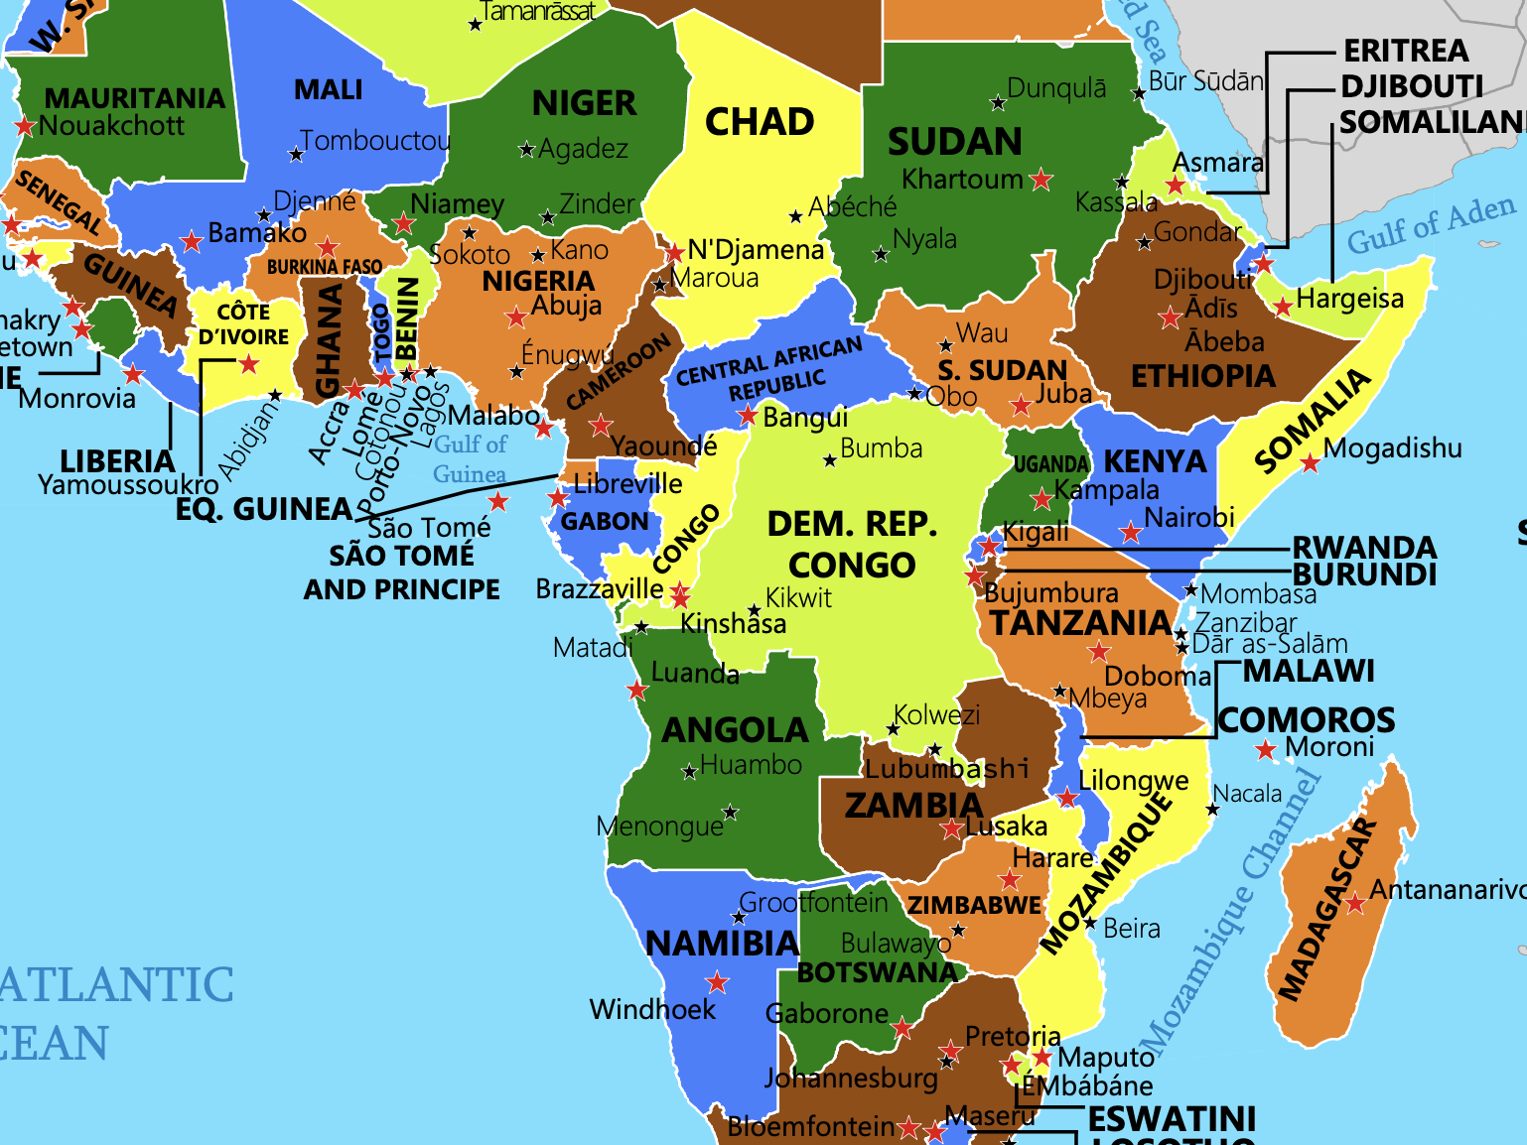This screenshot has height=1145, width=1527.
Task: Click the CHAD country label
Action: click(760, 122)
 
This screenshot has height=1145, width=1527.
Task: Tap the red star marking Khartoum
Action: click(1041, 180)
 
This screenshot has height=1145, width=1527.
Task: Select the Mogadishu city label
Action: click(1392, 448)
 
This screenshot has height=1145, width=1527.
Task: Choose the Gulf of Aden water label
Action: click(1431, 225)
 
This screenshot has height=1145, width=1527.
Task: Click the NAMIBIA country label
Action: click(723, 944)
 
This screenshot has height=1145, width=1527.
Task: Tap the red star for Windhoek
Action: click(717, 983)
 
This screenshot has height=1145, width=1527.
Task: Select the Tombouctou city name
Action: click(375, 141)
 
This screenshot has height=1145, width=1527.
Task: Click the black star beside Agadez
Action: click(527, 150)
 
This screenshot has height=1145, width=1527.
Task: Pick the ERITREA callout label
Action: click(1406, 51)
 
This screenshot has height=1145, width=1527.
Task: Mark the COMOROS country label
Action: click(1306, 719)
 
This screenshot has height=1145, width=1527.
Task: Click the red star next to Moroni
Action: click(1265, 750)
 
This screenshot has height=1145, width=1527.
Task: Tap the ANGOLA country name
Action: click(736, 730)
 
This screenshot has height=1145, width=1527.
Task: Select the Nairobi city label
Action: click(1188, 518)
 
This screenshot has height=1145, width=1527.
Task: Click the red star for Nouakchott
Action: click(25, 127)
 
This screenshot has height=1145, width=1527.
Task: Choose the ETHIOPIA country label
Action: click(1203, 376)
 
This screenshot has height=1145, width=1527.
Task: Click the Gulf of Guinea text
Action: click(470, 458)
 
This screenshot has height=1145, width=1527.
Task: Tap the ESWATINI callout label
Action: click(1172, 1119)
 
